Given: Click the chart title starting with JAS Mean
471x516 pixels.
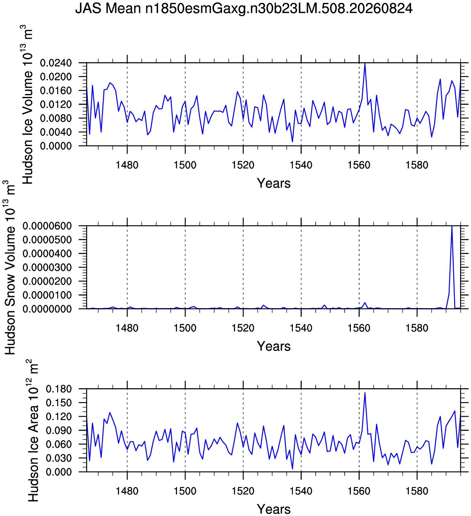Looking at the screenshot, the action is tap(244, 9).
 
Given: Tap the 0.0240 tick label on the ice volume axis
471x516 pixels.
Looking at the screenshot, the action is tap(56, 63).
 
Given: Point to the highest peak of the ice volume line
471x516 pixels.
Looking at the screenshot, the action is tap(365, 63).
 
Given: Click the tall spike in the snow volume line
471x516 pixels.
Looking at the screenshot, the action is tap(452, 227).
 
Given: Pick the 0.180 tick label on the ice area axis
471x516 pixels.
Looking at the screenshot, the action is tap(59, 389).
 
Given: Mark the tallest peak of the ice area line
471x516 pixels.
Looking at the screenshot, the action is tap(365, 393).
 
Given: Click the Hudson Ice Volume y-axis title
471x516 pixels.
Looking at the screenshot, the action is tap(27, 106).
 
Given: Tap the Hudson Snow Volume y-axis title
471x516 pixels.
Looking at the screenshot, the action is tap(10, 268).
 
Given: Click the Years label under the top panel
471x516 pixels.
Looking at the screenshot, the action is tap(273, 183).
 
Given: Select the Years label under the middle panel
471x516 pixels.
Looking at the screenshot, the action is tap(273, 346).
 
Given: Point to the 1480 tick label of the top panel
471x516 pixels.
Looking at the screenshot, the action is tap(127, 165).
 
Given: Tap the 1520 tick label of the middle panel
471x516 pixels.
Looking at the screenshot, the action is tap(243, 328).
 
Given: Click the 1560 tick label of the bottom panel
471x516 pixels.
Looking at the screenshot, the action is tap(359, 491).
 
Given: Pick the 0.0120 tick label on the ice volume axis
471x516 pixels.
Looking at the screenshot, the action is tap(56, 105).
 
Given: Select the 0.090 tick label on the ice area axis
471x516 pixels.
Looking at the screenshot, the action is tap(59, 431).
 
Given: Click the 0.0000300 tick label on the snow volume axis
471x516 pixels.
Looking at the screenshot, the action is tap(47, 268).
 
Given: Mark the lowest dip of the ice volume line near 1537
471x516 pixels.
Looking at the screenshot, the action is tap(292, 142).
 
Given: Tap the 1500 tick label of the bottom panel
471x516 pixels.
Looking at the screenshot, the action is tap(185, 491).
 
